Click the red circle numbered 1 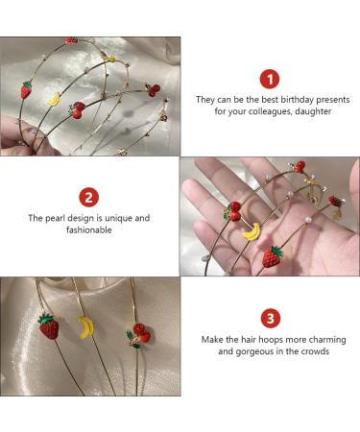(270, 80)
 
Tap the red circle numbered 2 (88, 197)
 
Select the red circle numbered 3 (271, 319)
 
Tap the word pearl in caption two (55, 218)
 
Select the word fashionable (89, 229)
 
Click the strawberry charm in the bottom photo (49, 326)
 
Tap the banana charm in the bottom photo (85, 327)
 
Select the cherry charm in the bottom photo (138, 335)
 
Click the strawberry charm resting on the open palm (273, 257)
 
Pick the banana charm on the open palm (252, 231)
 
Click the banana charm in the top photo (54, 99)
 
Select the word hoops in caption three (261, 340)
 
